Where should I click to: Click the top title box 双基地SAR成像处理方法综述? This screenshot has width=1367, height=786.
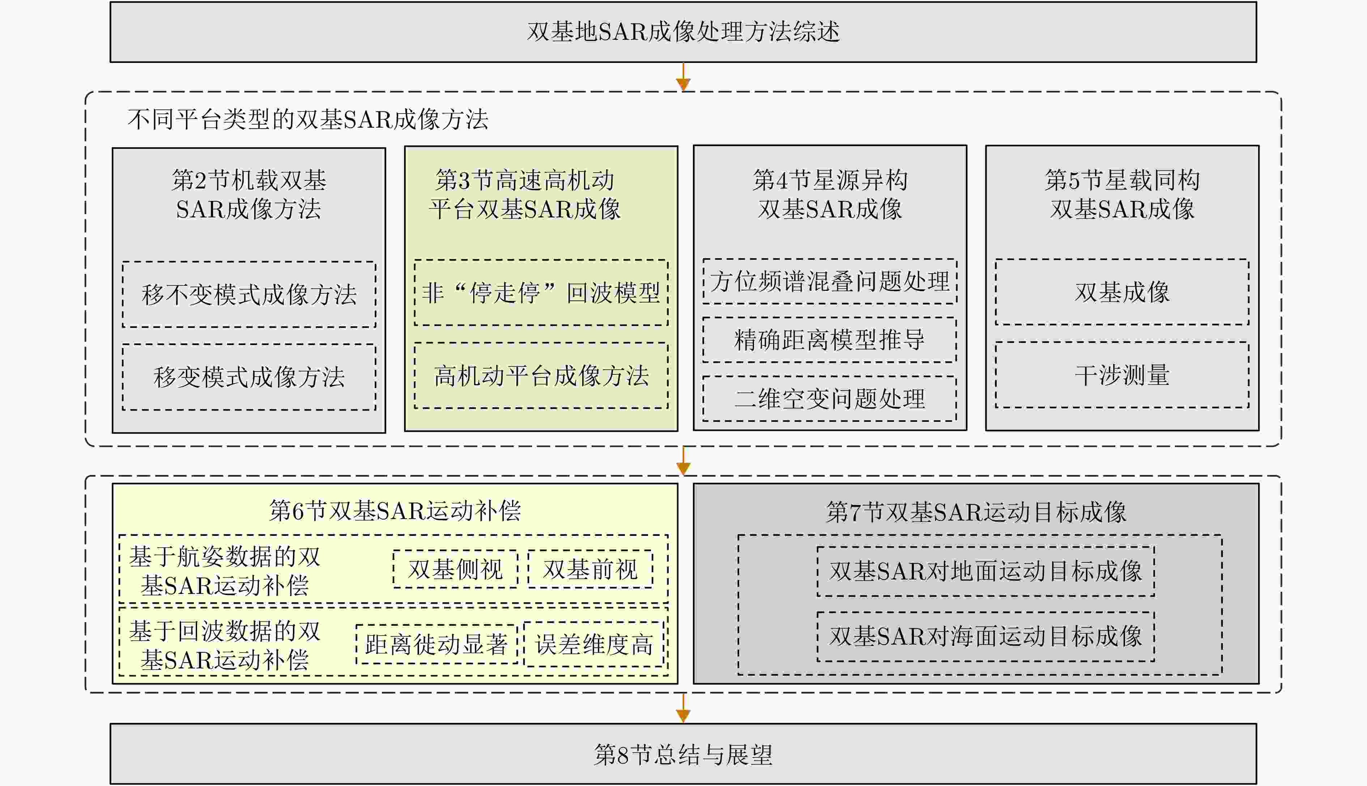pyautogui.click(x=683, y=32)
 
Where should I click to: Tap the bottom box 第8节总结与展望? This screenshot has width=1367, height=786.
pyautogui.click(x=683, y=754)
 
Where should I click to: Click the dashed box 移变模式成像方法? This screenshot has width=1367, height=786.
pyautogui.click(x=249, y=377)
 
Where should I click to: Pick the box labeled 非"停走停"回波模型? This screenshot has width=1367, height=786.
pyautogui.click(x=541, y=293)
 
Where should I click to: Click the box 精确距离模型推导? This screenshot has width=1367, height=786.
pyautogui.click(x=830, y=340)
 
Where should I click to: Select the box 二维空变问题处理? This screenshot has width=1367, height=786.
pyautogui.click(x=830, y=399)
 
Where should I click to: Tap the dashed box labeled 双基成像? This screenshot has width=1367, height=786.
pyautogui.click(x=1122, y=292)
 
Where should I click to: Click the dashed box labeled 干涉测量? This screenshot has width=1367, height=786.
pyautogui.click(x=1122, y=375)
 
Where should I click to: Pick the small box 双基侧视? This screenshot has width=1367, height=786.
pyautogui.click(x=455, y=569)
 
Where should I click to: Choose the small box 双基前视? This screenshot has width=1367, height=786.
pyautogui.click(x=590, y=569)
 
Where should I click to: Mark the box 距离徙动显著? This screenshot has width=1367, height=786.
pyautogui.click(x=436, y=644)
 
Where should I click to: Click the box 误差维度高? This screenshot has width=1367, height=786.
pyautogui.click(x=594, y=644)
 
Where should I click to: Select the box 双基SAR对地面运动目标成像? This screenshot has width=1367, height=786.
pyautogui.click(x=985, y=571)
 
